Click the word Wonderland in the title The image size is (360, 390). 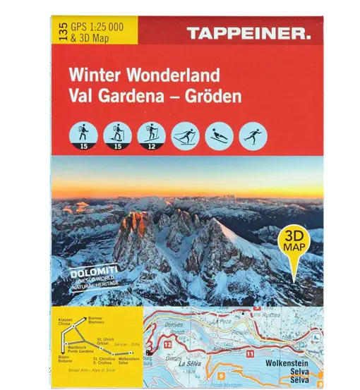(168, 73)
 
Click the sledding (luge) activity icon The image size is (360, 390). (217, 135)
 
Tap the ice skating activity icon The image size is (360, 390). (251, 135)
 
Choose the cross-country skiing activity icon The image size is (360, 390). (185, 135)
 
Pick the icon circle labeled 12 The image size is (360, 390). (151, 135)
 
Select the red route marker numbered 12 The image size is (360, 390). (169, 345)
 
